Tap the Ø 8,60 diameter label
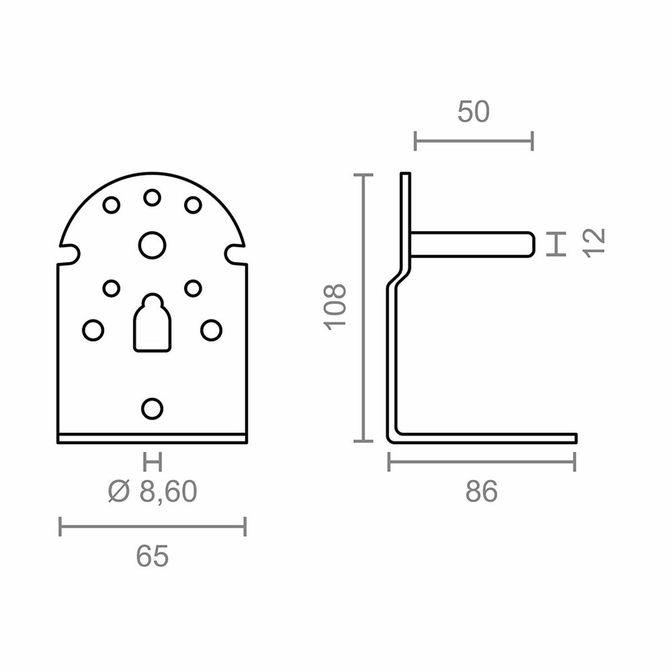pyautogui.click(x=152, y=492)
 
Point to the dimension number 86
pyautogui.click(x=481, y=492)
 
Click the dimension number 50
pyautogui.click(x=473, y=111)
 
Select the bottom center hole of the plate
pyautogui.click(x=152, y=408)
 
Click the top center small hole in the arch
pyautogui.click(x=152, y=197)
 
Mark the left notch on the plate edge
pyautogui.click(x=69, y=253)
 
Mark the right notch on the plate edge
pyautogui.click(x=235, y=253)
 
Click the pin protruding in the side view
pyautogui.click(x=473, y=244)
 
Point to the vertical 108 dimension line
pyautogui.click(x=365, y=307)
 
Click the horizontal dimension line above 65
pyautogui.click(x=152, y=526)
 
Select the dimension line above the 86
pyautogui.click(x=482, y=462)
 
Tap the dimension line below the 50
pyautogui.click(x=473, y=141)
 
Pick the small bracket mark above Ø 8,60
pyautogui.click(x=152, y=463)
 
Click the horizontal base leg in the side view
pyautogui.click(x=487, y=437)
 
